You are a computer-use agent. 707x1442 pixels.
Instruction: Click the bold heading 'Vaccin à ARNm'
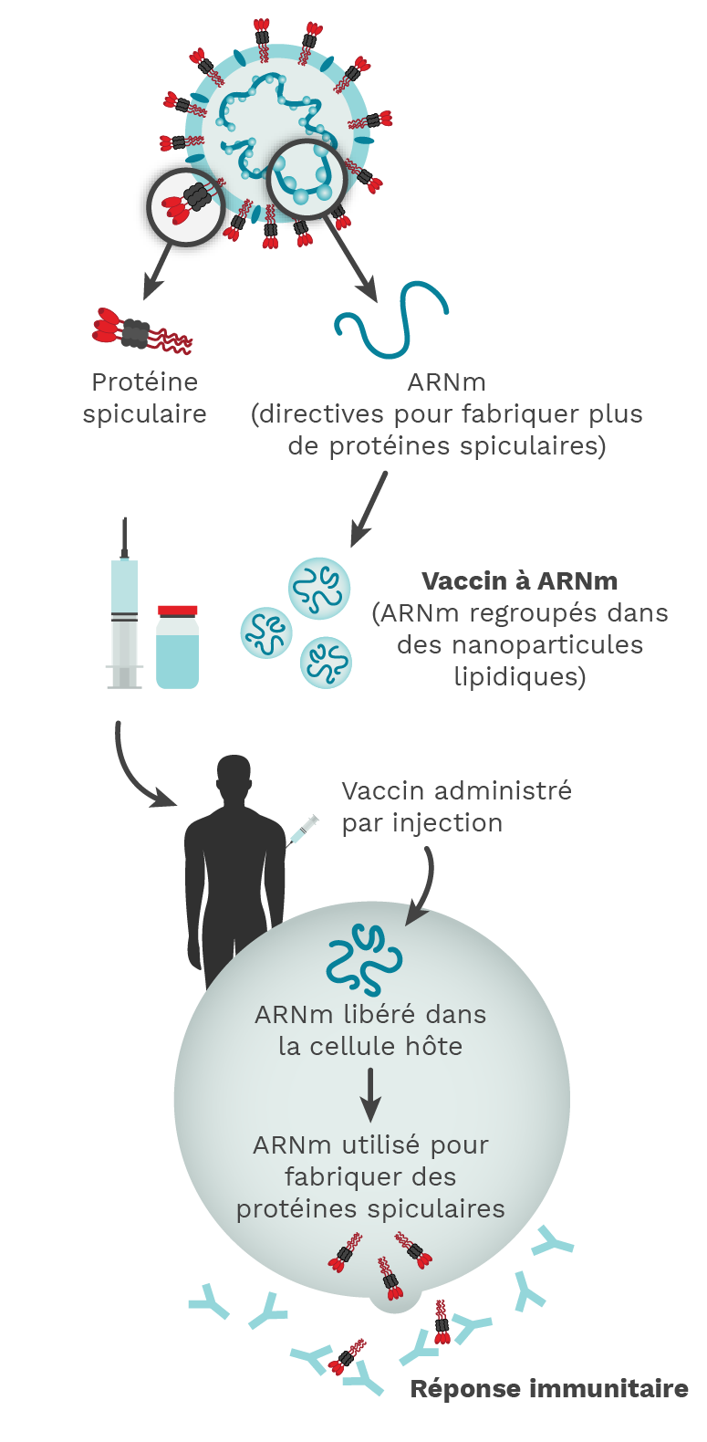click(x=519, y=580)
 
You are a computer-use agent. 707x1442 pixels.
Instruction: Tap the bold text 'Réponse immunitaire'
click(x=549, y=1388)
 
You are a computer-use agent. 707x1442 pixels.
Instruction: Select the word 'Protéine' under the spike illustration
click(x=145, y=381)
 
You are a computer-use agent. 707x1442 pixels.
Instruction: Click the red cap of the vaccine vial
click(x=178, y=611)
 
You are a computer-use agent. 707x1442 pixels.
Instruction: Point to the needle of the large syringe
click(x=124, y=538)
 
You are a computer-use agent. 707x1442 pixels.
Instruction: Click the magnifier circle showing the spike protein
click(x=186, y=206)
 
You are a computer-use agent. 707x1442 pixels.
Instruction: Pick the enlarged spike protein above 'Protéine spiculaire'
click(x=142, y=331)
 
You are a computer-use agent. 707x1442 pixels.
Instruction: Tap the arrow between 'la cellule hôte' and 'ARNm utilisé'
click(x=369, y=1094)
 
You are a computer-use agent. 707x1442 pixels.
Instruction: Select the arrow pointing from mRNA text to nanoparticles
click(x=369, y=508)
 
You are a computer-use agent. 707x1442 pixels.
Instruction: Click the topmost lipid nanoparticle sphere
click(x=319, y=589)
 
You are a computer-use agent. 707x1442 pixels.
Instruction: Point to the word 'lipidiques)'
click(x=520, y=676)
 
